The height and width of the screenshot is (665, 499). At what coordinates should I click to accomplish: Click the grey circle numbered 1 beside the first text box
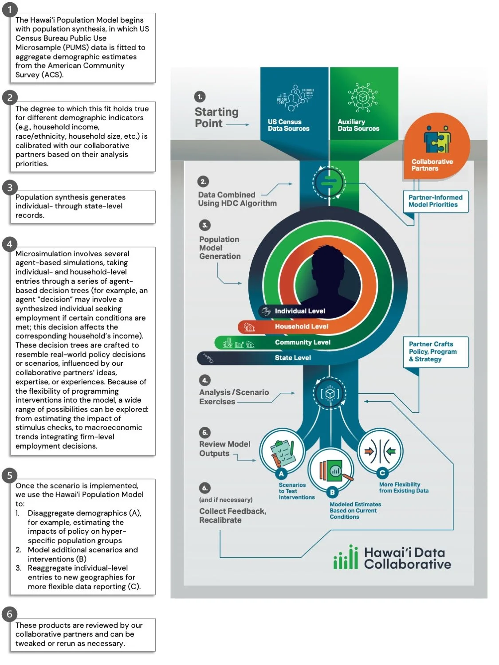10,9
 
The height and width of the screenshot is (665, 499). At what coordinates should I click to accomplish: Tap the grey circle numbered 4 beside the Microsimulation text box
10,244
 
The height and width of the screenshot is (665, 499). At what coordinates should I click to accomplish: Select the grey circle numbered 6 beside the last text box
10,614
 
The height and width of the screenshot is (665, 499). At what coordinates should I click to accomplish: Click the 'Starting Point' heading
216,117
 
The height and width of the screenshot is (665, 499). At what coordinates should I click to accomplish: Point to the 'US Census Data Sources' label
288,125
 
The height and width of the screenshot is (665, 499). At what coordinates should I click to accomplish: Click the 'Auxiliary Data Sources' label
358,125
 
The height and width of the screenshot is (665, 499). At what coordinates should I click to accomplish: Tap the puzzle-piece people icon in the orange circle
437,139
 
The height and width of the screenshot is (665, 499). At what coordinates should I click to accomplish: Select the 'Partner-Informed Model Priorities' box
436,201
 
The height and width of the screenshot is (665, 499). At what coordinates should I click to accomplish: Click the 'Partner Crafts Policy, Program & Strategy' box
436,352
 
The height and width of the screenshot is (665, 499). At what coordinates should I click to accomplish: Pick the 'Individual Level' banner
300,311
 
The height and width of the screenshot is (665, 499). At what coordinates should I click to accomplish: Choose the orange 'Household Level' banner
301,327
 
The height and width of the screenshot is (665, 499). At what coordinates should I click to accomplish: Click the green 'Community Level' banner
303,342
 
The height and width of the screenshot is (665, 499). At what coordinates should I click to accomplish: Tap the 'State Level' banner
293,358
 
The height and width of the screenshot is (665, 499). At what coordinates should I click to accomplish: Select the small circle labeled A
281,473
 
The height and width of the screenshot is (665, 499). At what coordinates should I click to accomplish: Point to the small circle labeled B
332,492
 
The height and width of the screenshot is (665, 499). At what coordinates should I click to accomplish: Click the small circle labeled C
382,473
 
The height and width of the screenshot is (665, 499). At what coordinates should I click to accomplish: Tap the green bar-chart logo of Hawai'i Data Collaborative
346,558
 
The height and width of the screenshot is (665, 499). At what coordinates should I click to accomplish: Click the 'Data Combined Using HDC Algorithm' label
237,199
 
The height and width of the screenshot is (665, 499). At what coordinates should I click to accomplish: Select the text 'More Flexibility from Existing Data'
404,488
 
